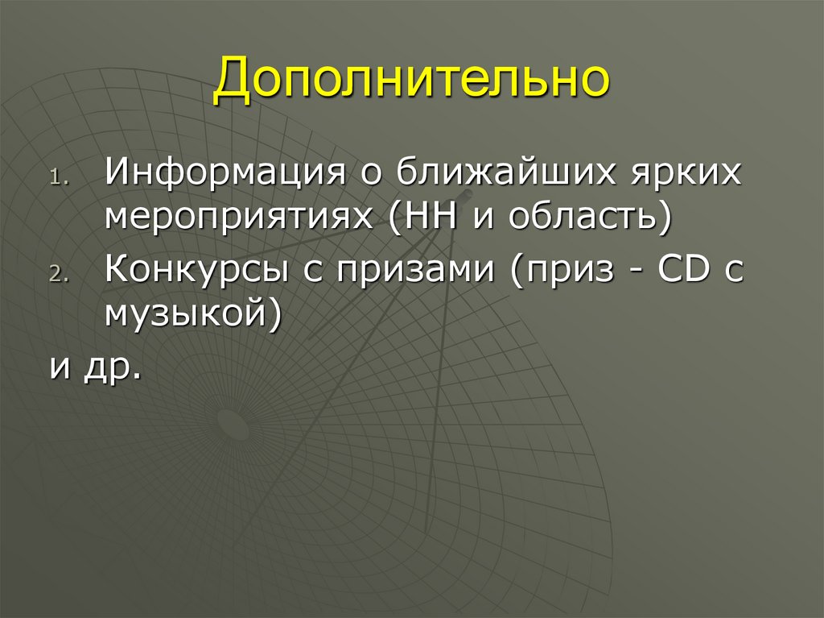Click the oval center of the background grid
click(x=233, y=420)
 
